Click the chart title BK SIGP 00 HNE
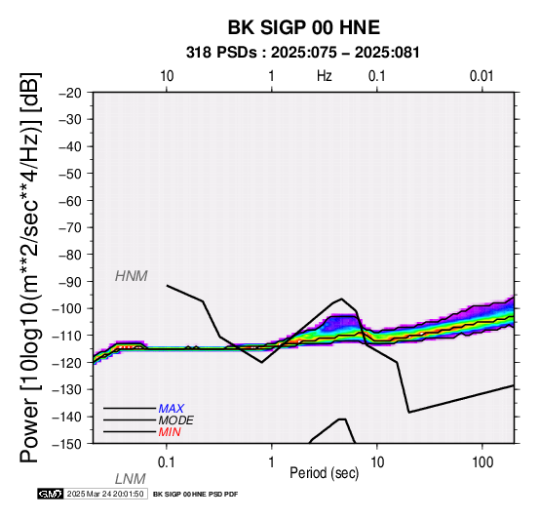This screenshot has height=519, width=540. (304, 27)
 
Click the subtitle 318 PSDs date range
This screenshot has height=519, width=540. (303, 53)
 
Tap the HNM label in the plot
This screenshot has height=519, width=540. (132, 276)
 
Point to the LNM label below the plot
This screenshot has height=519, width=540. (131, 479)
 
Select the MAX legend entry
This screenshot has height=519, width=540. (172, 409)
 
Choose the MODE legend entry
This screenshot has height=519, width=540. (176, 420)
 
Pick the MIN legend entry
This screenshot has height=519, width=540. (170, 432)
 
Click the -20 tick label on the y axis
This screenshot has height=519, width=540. (70, 93)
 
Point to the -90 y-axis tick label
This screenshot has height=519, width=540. (70, 282)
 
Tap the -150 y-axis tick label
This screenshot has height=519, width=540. (67, 444)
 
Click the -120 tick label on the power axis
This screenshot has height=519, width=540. (67, 363)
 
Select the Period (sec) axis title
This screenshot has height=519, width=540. (324, 473)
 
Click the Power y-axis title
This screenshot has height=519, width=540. (30, 268)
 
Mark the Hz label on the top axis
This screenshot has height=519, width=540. (325, 76)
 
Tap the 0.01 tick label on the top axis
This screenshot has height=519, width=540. (482, 76)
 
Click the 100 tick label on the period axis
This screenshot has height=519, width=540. (482, 462)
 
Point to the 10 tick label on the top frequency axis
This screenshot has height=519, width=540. (167, 76)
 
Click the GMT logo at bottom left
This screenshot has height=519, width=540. (51, 494)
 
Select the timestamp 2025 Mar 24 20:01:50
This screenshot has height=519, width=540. (105, 494)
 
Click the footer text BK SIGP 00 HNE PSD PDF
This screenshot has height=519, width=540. (195, 495)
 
